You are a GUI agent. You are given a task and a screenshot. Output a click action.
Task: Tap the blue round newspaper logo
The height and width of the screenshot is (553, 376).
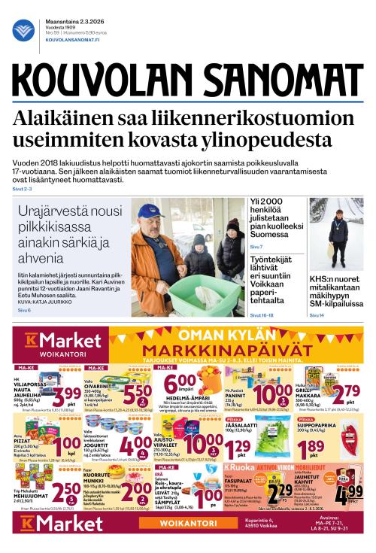23,31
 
